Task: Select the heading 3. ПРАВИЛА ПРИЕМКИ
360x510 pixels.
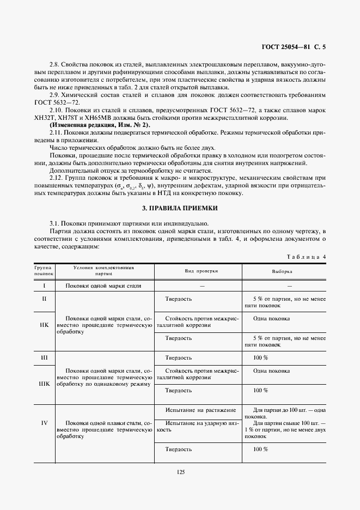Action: coord(179,208)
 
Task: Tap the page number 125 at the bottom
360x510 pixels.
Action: coord(180,472)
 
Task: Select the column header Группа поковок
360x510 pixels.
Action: coord(44,271)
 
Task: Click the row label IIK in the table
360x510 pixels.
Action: coord(44,325)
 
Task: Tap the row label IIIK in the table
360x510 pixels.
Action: coord(44,384)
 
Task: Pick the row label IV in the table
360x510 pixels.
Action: coord(44,422)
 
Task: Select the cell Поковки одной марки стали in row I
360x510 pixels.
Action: coord(103,286)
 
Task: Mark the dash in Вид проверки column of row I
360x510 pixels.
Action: coord(202,286)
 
